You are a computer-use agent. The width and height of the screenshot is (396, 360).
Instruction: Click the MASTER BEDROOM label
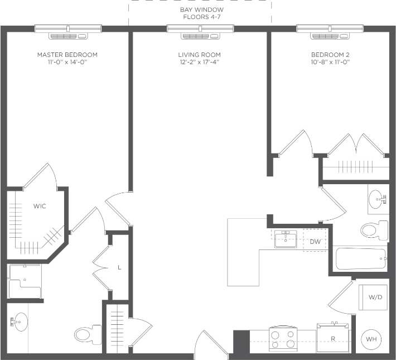pyautogui.click(x=67, y=55)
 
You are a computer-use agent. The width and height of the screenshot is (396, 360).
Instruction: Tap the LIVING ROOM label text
pyautogui.click(x=199, y=55)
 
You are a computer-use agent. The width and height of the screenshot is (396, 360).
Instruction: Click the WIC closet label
pyautogui.click(x=39, y=206)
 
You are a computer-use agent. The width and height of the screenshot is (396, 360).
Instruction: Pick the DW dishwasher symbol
pyautogui.click(x=315, y=241)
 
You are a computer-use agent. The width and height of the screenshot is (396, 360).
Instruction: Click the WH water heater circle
pyautogui.click(x=371, y=338)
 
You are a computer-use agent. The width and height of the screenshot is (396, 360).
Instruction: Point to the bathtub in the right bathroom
pyautogui.click(x=361, y=259)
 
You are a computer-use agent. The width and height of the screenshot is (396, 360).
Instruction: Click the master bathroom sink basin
pyautogui.click(x=21, y=321)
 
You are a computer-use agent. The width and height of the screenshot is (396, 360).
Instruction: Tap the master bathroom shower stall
pyautogui.click(x=25, y=281)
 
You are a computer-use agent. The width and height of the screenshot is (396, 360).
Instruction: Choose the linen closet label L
pyautogui.click(x=119, y=267)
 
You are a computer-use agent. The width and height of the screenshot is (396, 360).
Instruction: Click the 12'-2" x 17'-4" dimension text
pyautogui.click(x=199, y=63)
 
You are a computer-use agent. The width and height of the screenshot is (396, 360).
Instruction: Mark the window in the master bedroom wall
pyautogui.click(x=68, y=29)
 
